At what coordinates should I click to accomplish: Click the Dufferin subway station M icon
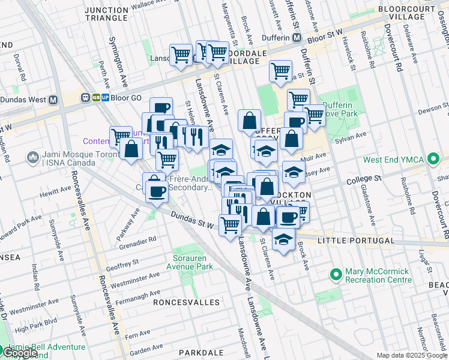pos(297,37)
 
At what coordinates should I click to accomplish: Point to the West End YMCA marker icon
pos(432,160)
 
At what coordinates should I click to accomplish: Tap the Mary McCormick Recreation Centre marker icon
pos(336,275)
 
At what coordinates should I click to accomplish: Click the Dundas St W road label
pos(192,221)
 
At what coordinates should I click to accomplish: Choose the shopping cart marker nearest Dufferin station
pos(280,70)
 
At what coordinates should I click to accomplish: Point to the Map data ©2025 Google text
pos(411,355)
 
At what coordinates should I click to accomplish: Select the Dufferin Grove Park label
pos(341,109)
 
